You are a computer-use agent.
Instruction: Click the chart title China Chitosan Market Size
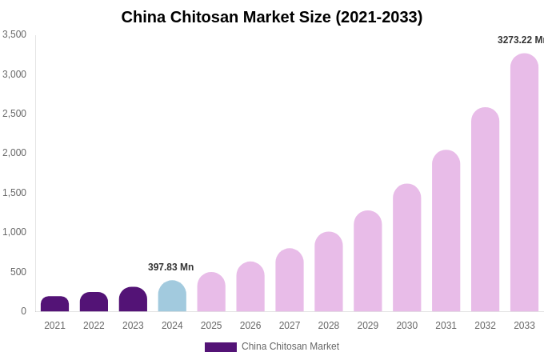(272, 17)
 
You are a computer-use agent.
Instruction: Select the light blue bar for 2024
(172, 297)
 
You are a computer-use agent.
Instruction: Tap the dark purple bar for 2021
(54, 304)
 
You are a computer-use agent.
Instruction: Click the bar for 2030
(406, 248)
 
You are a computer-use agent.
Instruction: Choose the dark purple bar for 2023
(133, 299)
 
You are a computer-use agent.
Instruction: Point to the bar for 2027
(290, 280)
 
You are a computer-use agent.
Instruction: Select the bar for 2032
(485, 210)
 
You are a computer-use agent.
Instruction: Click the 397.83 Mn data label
(170, 267)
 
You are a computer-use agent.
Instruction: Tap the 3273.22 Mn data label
(520, 40)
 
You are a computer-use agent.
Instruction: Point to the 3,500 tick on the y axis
(14, 34)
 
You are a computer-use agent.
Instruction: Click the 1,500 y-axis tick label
(14, 193)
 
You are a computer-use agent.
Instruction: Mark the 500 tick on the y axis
(18, 272)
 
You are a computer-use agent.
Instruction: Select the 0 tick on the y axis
(23, 311)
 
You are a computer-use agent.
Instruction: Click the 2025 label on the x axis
(211, 326)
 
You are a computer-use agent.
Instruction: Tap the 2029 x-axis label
(368, 326)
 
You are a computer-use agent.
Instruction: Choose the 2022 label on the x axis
(94, 326)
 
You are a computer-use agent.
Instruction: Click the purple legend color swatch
(220, 347)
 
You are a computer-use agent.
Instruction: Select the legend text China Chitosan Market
(290, 346)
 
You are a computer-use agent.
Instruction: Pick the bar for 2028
(329, 272)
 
